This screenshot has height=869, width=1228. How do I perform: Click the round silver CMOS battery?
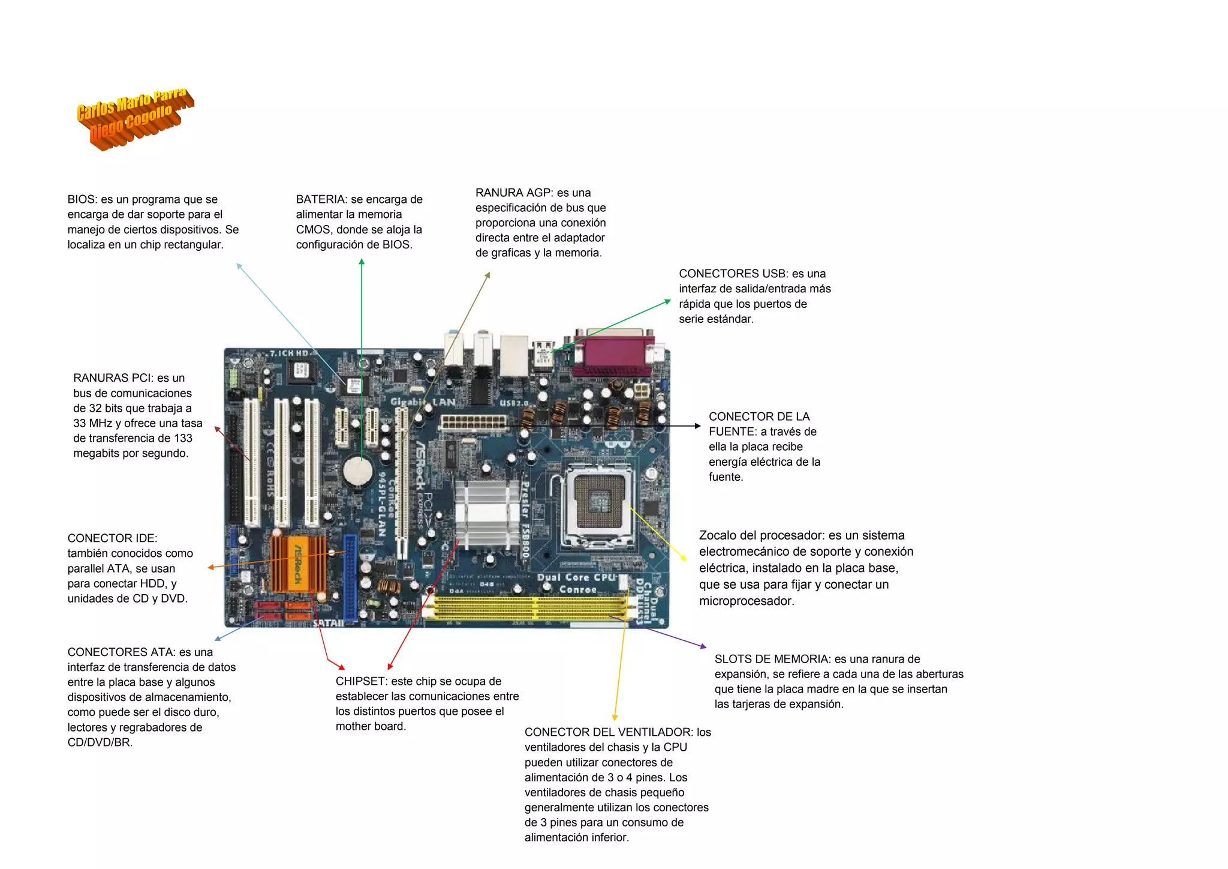(x=358, y=471)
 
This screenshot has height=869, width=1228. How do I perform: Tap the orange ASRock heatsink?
(x=298, y=564)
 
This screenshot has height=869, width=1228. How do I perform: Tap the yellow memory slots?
(x=531, y=607)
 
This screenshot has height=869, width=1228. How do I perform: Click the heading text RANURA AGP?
(x=514, y=193)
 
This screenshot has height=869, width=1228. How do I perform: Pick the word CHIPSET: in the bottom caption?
(x=362, y=682)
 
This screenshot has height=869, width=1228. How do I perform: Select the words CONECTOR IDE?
(x=112, y=538)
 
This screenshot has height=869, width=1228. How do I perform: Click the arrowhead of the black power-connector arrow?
(x=697, y=426)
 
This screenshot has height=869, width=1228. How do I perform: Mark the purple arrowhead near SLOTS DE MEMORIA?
(x=703, y=646)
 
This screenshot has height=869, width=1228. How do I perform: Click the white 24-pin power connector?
(x=473, y=422)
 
